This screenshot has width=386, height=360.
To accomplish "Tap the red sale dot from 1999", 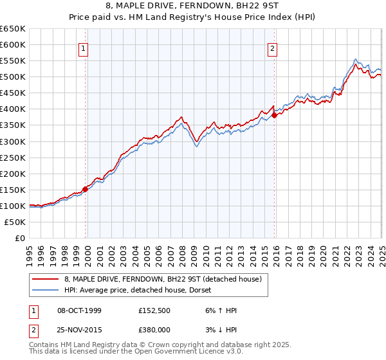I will [x=85, y=189].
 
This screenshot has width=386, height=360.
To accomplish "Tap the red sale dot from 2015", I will [x=275, y=116].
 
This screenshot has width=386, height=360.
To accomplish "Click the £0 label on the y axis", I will [x=19, y=239].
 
